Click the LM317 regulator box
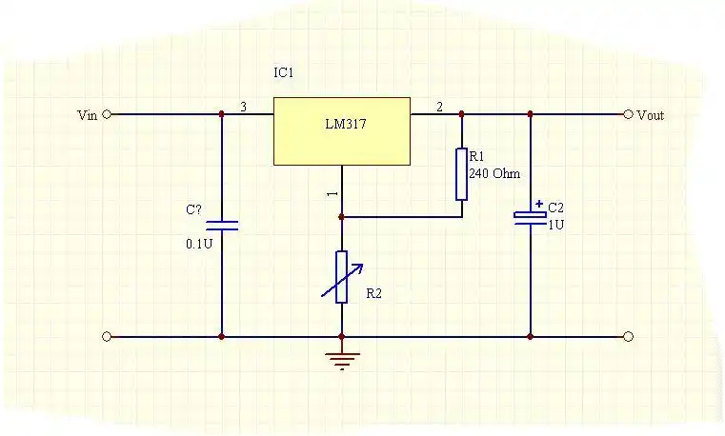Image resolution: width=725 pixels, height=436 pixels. [342, 130]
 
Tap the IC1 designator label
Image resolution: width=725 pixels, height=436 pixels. [285, 73]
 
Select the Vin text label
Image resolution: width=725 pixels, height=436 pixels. [87, 115]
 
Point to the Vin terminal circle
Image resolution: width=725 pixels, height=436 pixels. [107, 114]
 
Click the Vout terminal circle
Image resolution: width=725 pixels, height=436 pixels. [628, 114]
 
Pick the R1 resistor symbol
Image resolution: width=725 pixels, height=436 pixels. [461, 173]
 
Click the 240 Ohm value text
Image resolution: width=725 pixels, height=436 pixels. [493, 173]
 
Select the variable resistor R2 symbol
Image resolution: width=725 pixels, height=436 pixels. [341, 276]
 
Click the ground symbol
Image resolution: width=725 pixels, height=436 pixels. [341, 359]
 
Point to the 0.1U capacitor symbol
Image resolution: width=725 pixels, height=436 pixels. [222, 226]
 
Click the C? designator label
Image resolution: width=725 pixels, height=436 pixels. [193, 209]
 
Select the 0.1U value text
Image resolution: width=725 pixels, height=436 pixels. [197, 244]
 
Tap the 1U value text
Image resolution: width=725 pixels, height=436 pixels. [555, 225]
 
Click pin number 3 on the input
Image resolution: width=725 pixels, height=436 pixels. [243, 108]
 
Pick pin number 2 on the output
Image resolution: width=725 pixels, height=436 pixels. [439, 108]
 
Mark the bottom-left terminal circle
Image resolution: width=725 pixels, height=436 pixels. [107, 336]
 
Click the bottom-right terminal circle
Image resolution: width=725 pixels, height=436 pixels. [628, 336]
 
